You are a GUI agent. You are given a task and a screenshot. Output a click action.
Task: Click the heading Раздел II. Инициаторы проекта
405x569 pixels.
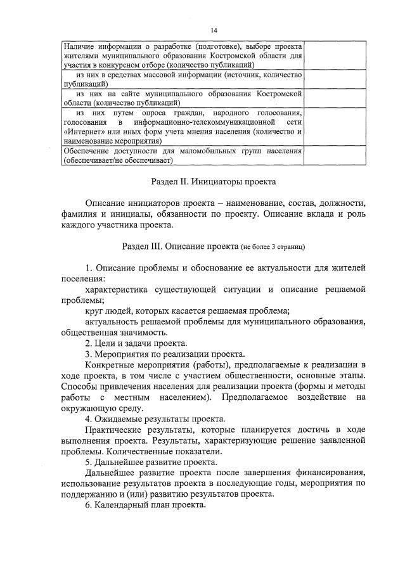[x=214, y=181]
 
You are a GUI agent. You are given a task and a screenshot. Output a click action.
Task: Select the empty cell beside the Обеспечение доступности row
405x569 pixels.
[x=334, y=156]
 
